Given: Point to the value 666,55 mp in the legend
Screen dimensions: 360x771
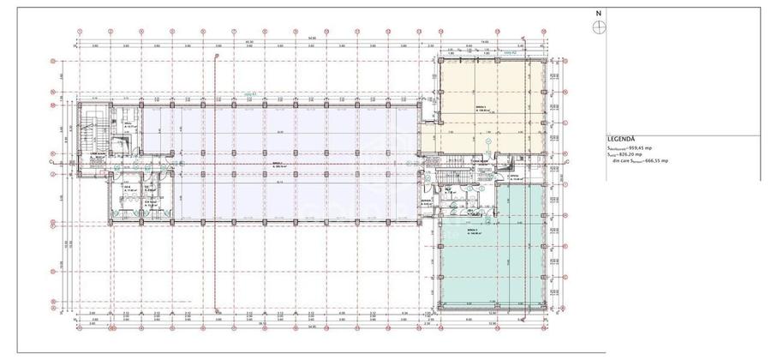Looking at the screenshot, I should (x=660, y=160).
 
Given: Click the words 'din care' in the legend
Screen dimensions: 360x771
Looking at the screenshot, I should (x=619, y=160).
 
